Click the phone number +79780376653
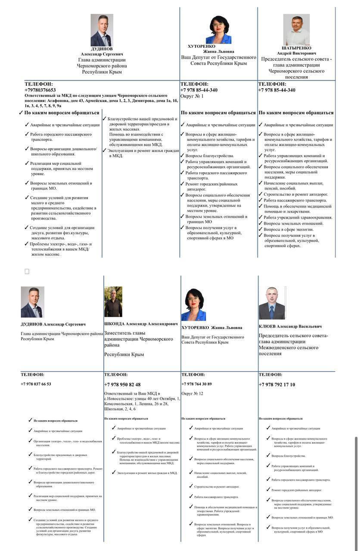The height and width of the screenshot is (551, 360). click(x=40, y=90)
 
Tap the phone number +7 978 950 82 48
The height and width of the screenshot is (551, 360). click(x=122, y=384)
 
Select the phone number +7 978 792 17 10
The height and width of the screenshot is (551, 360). click(x=277, y=384)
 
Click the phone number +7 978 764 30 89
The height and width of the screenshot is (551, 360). click(x=196, y=384)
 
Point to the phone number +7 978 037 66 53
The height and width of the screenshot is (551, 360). click(x=36, y=384)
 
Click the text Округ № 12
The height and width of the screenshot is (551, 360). click(x=192, y=393)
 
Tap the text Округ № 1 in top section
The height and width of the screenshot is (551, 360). click(x=192, y=96)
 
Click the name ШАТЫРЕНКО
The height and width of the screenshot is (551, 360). click(x=297, y=48)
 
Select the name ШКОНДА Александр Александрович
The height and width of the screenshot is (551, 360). click(x=141, y=323)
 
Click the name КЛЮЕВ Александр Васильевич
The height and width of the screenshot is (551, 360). click(x=290, y=326)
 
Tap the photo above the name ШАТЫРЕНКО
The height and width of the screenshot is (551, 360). click(x=296, y=29)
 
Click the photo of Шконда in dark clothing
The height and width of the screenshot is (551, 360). click(x=113, y=302)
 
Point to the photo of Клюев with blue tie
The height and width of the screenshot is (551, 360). click(x=271, y=303)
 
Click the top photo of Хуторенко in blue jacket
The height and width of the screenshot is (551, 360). click(x=218, y=29)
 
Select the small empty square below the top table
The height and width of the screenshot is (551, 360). click(x=27, y=271)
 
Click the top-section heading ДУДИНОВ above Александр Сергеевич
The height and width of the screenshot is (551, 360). click(x=102, y=49)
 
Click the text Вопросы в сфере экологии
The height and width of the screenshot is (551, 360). click(x=288, y=229)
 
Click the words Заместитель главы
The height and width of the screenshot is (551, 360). click(x=125, y=333)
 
